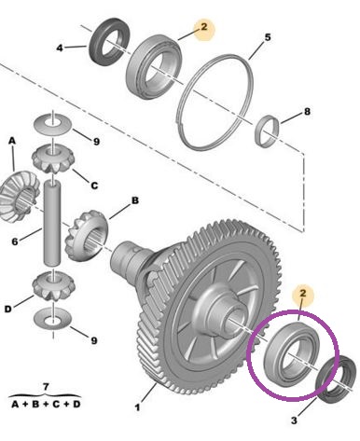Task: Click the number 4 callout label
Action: (60, 48)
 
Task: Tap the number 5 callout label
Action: (268, 37)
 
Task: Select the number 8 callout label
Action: (307, 111)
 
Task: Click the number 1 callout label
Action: (137, 407)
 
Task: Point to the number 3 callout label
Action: (294, 420)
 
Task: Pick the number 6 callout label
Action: (15, 241)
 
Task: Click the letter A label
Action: (12, 141)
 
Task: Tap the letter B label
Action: (135, 200)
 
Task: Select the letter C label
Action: (94, 186)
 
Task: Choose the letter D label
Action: (8, 309)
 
